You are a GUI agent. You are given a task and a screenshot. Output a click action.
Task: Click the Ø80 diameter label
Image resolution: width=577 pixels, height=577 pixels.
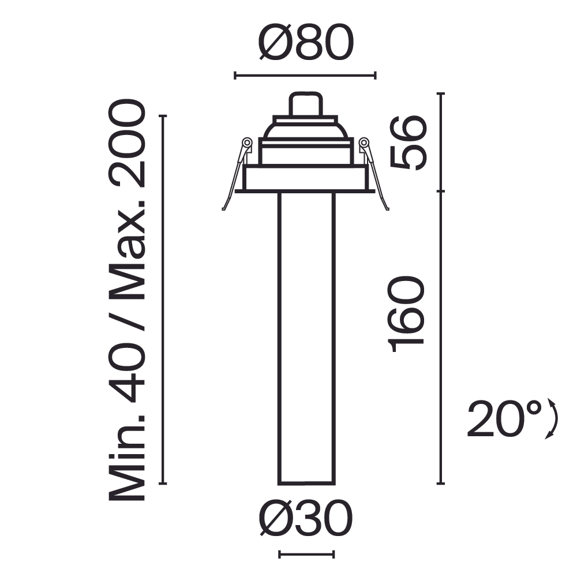(305, 44)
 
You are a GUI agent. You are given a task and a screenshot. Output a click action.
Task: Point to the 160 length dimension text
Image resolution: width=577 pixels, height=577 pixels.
(408, 313)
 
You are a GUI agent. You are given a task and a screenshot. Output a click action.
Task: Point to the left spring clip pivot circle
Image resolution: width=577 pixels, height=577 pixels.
(246, 142)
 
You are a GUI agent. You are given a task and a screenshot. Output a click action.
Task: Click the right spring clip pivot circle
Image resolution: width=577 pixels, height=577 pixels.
(364, 142)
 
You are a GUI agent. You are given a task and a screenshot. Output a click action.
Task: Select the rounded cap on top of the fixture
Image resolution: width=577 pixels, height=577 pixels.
(305, 104)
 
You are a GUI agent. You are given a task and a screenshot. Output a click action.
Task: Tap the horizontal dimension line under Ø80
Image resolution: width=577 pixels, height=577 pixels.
(305, 75)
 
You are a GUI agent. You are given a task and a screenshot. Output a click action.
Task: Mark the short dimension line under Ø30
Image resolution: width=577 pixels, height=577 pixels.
(306, 554)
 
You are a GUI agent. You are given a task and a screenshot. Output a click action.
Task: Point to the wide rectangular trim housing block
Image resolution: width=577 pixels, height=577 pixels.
(305, 178)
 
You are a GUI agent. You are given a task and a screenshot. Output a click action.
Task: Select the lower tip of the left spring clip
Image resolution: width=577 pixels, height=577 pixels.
(224, 208)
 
